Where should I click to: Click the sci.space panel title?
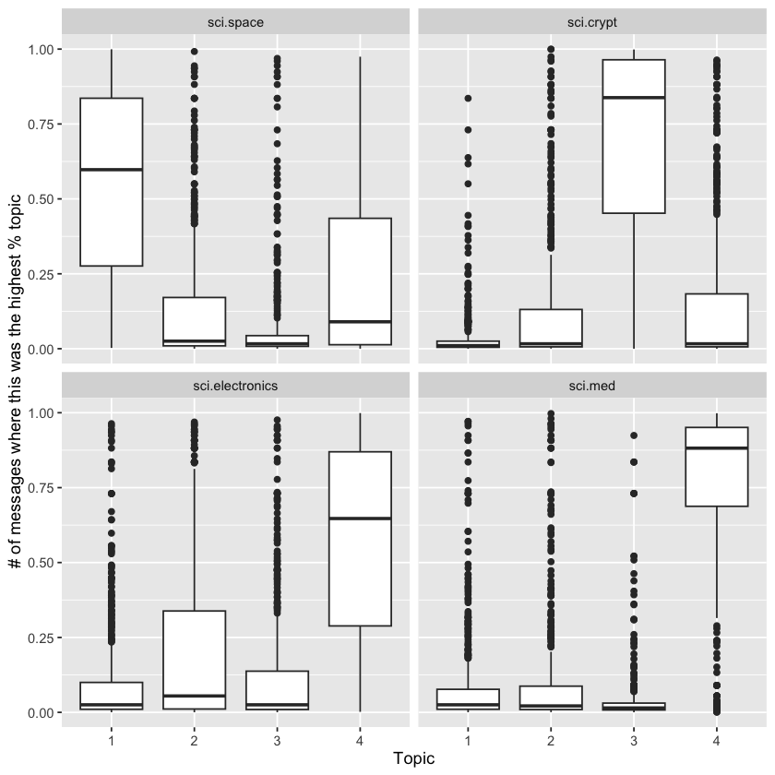pos(236,21)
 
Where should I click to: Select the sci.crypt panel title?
pos(591,21)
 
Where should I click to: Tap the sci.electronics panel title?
pos(236,386)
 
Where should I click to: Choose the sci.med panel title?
pos(591,386)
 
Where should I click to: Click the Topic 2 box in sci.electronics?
pos(195,659)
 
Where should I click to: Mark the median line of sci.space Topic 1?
pos(112,170)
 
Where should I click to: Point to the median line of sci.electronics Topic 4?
pos(361,519)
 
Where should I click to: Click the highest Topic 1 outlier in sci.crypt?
pos(468,98)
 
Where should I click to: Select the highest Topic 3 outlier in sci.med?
pos(633,435)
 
